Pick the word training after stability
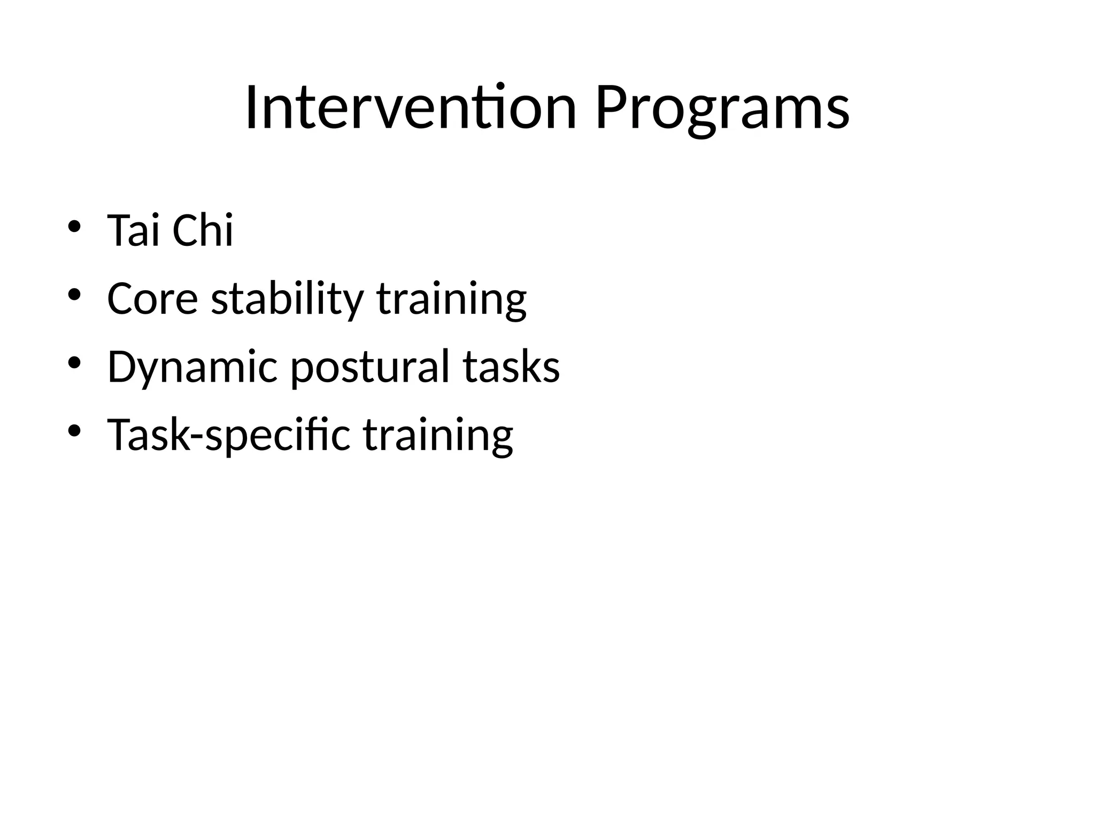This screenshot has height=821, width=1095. [x=452, y=300]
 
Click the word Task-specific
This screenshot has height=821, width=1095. [x=229, y=436]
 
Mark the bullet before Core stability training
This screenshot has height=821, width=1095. [x=74, y=295]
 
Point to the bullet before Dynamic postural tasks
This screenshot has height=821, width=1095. [x=74, y=363]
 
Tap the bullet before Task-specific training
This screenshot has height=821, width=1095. [x=74, y=431]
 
